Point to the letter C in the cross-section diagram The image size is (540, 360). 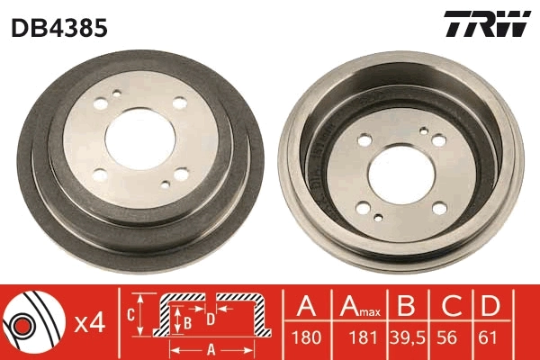(131, 314)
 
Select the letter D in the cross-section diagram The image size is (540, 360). (210, 319)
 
